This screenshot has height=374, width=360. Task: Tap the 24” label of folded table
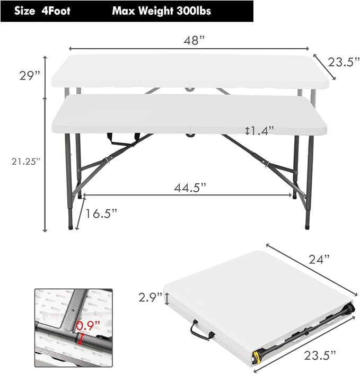[x=319, y=259]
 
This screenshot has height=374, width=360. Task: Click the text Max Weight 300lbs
[x=161, y=11]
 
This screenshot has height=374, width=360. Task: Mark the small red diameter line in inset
[x=80, y=337]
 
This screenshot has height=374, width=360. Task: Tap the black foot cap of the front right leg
[x=308, y=225]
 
